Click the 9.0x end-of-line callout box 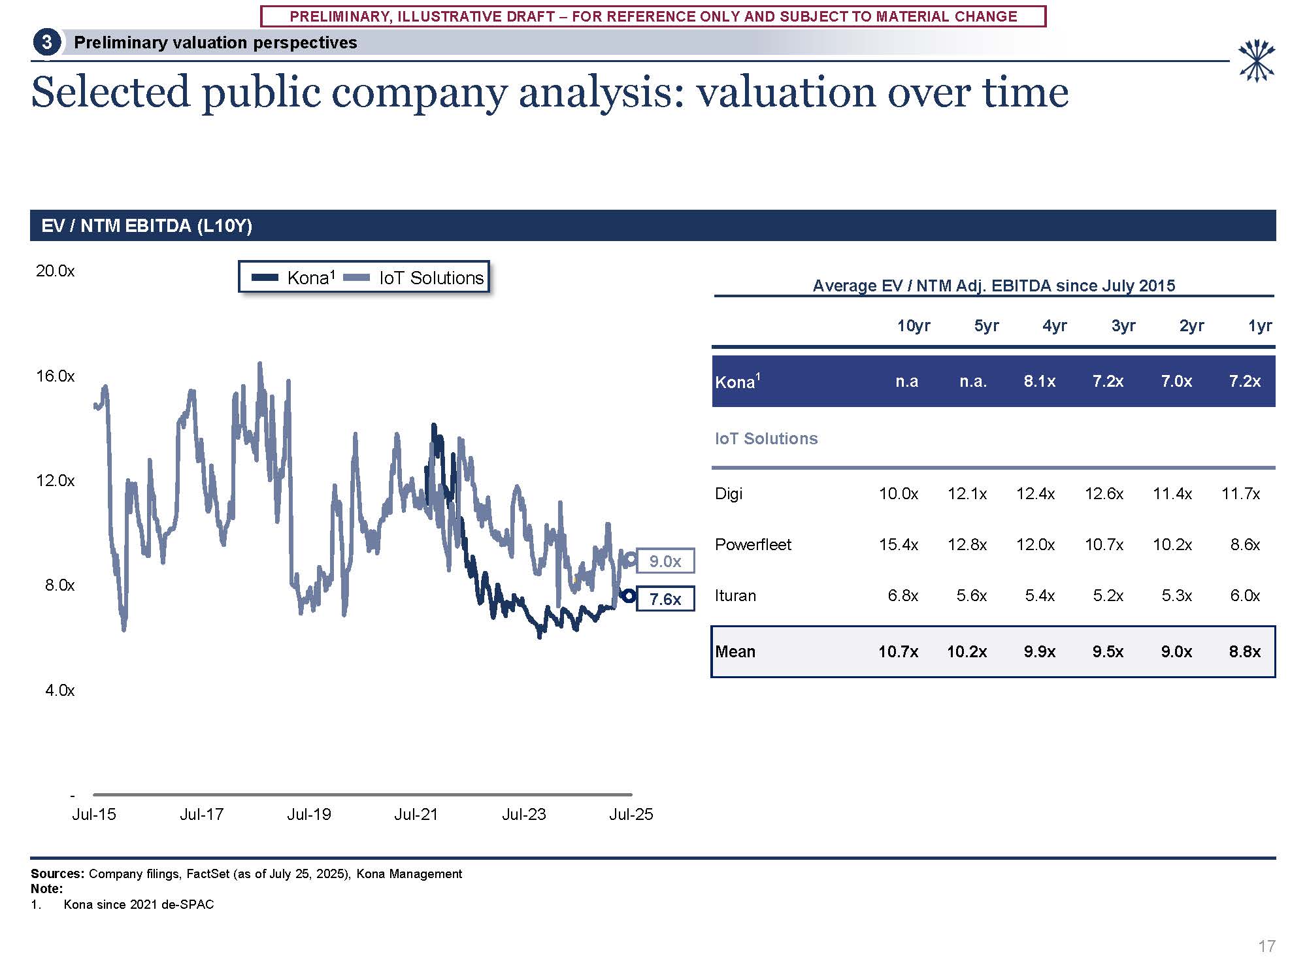[665, 561]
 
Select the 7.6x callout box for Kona [665, 599]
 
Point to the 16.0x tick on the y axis [56, 376]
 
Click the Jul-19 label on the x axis [309, 815]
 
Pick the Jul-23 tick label [523, 815]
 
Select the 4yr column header [1054, 325]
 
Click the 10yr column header [913, 325]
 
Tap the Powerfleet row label [753, 544]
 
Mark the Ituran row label [735, 595]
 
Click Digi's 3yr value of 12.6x [1104, 493]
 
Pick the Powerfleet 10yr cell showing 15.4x [898, 544]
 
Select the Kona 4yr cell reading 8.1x [1039, 381]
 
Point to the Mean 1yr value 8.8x [1244, 651]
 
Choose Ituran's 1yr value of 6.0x [1244, 595]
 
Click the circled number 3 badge [46, 42]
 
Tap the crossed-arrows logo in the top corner [1256, 61]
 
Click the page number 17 [1266, 946]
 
